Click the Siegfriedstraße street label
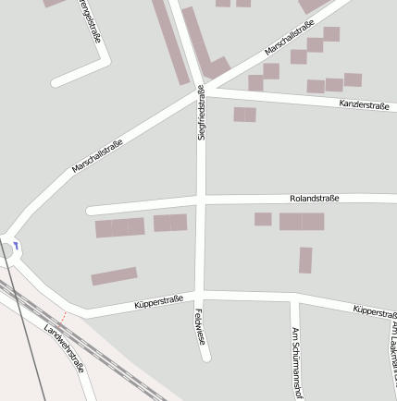click(202, 113)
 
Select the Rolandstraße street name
click(315, 198)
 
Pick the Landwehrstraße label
click(64, 348)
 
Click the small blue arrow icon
click(17, 246)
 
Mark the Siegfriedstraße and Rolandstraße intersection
click(201, 200)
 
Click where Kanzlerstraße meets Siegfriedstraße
click(204, 91)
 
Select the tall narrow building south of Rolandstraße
click(305, 260)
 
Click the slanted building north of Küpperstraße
click(114, 275)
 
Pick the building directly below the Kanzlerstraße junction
click(244, 115)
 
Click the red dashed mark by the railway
click(62, 315)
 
